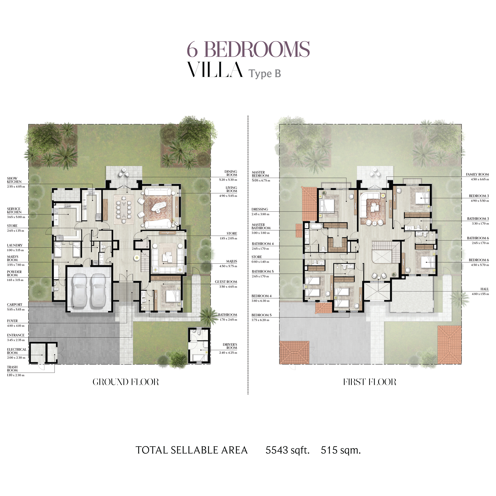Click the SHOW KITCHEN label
[14, 180]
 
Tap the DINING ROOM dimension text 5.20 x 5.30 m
[228, 180]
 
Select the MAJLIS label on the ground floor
[232, 261]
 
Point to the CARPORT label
[15, 305]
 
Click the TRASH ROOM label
[12, 369]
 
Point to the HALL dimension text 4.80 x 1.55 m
[480, 294]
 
